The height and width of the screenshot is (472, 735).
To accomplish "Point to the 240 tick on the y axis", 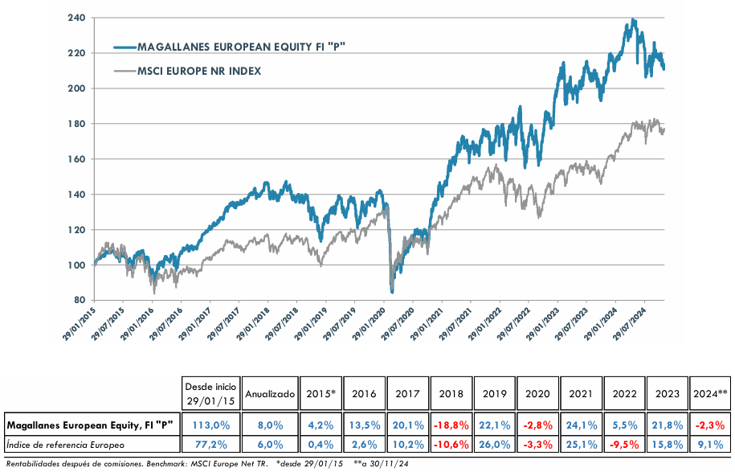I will tap(76, 18).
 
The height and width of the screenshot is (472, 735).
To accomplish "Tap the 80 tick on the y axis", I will tap(80, 300).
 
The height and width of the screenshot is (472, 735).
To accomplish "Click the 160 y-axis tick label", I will tap(76, 159).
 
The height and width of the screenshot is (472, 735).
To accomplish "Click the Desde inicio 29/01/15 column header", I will tap(210, 394).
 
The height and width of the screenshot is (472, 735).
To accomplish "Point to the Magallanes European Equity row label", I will tap(89, 424).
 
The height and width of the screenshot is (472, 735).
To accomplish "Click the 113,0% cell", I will tap(210, 424).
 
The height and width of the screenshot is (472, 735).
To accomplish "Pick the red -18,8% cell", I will tap(451, 424).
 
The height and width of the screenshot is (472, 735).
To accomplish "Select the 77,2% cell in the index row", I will tap(210, 444).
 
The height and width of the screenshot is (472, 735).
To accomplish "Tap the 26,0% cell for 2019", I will tap(494, 444).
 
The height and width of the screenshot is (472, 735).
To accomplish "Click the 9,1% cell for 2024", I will tap(709, 444).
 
